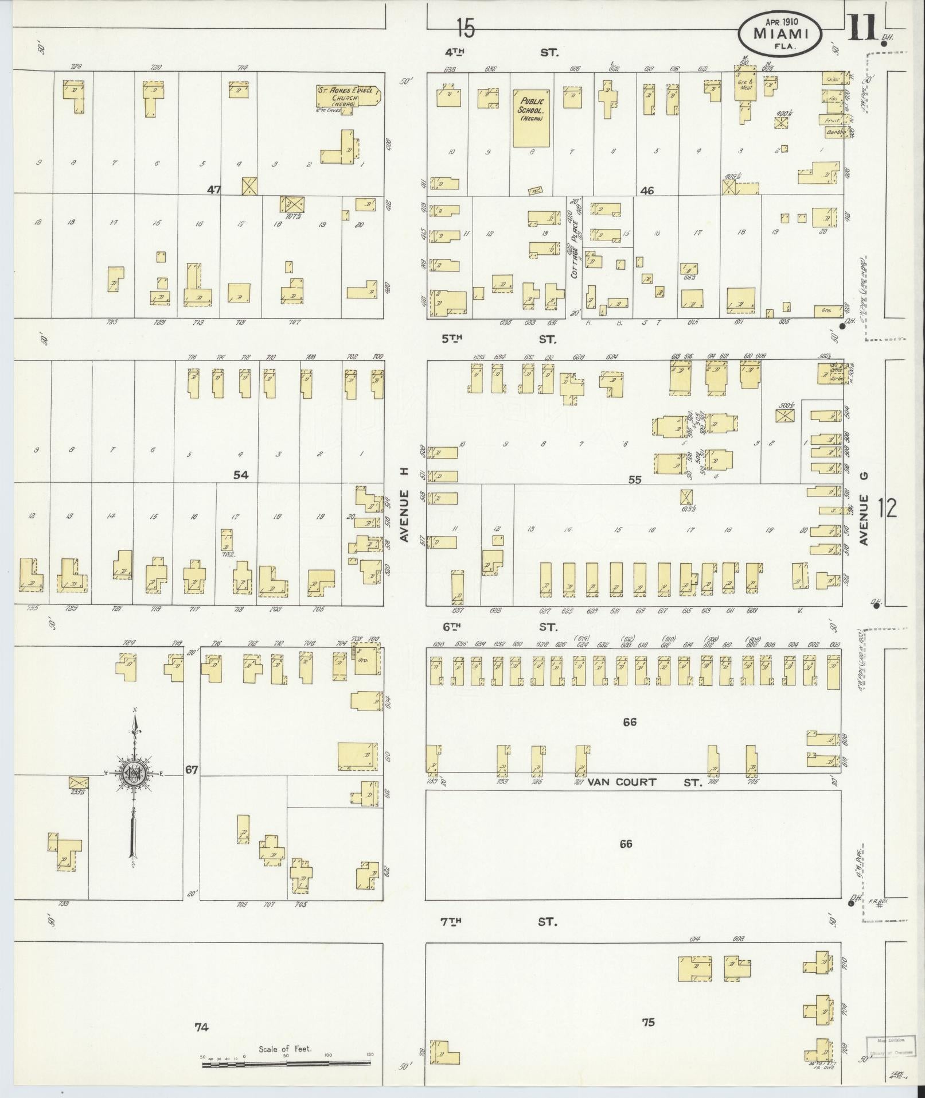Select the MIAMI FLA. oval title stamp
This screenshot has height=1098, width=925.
pyautogui.click(x=780, y=35)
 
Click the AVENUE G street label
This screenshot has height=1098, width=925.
pyautogui.click(x=865, y=509)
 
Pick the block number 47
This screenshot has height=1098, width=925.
pyautogui.click(x=213, y=189)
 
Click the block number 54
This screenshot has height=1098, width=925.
pyautogui.click(x=241, y=475)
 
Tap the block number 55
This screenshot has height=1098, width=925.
pyautogui.click(x=634, y=479)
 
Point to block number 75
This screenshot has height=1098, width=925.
pyautogui.click(x=648, y=1022)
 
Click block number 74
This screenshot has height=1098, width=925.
pyautogui.click(x=201, y=1027)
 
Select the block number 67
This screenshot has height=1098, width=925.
pyautogui.click(x=192, y=770)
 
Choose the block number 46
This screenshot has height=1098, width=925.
pyautogui.click(x=647, y=191)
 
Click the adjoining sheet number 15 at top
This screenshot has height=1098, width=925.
pyautogui.click(x=466, y=28)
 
